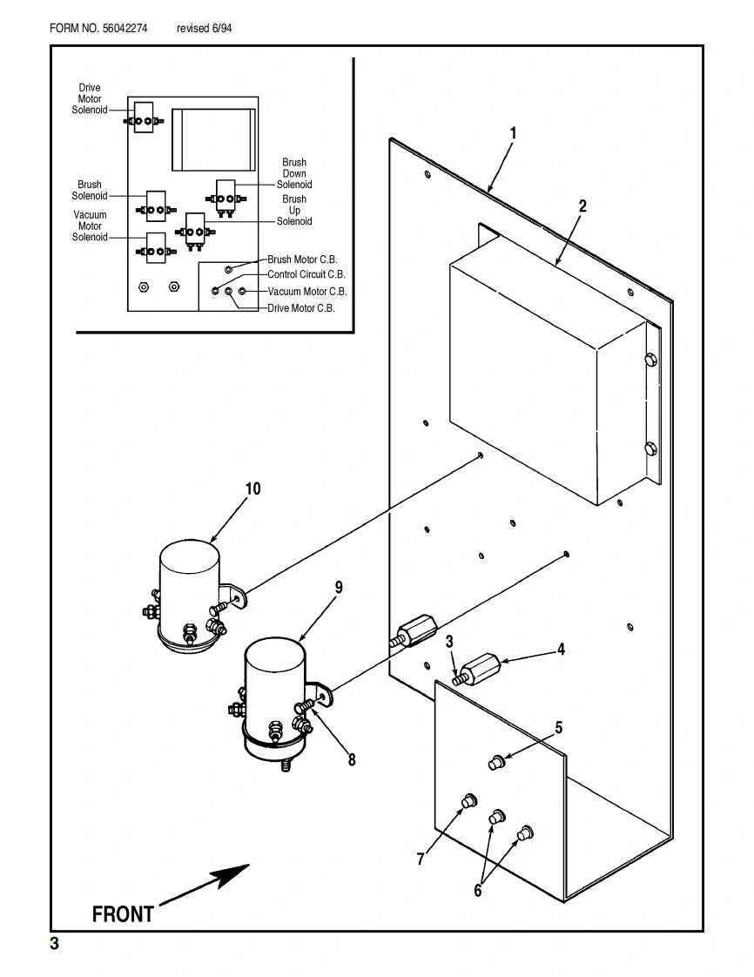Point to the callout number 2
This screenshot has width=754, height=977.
pos(582,206)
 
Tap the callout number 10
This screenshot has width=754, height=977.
pos(252,488)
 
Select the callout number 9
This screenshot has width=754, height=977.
pos(339,587)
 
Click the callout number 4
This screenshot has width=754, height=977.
pos(562,649)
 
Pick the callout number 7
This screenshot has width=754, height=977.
pos(421,859)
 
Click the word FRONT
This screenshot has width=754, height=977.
pos(123,914)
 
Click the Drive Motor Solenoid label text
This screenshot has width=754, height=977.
pos(90,99)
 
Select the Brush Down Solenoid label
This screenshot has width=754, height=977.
pos(294,173)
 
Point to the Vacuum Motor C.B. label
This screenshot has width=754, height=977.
pos(307,292)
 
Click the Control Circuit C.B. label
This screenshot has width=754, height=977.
pos(306,275)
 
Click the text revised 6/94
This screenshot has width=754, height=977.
pos(204,29)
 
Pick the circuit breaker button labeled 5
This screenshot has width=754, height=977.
pos(496,763)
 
